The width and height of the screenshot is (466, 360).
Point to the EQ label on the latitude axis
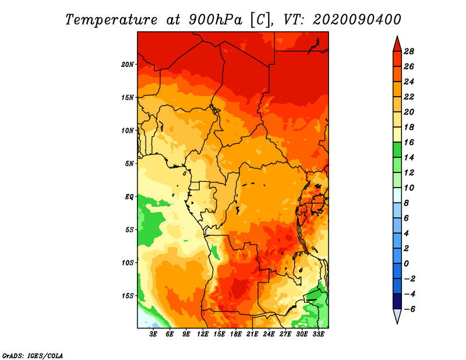(129, 196)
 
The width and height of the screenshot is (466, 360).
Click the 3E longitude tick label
(154, 334)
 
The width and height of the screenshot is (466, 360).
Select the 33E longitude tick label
(319, 334)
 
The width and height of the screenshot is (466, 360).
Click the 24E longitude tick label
(269, 334)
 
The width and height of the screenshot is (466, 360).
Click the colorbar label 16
(409, 142)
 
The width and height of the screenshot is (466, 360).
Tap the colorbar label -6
(409, 309)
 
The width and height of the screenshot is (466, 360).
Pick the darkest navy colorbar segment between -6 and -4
(397, 301)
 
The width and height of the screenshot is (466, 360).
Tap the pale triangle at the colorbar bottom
(397, 316)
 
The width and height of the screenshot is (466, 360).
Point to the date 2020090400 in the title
(356, 19)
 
